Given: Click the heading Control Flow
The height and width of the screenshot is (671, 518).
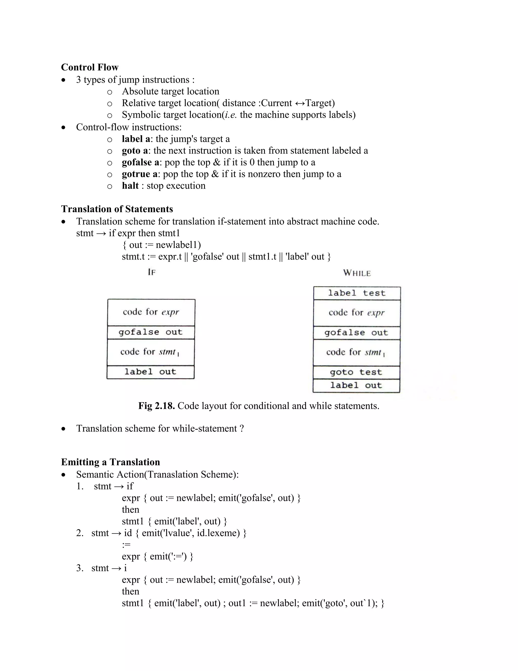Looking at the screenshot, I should point(90,67).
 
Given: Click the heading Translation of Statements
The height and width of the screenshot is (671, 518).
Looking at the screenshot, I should point(117,209).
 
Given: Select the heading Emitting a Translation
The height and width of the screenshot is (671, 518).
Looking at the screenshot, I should point(111,462).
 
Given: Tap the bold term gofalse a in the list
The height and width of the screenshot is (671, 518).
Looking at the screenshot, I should point(140,162).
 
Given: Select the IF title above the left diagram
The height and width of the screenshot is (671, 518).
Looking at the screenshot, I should point(152,272).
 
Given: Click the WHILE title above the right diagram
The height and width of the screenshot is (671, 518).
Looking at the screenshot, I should point(357,273).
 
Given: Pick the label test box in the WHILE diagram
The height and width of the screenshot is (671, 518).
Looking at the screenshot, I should point(357,293).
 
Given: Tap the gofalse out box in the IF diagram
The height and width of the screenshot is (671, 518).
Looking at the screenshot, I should point(151,332).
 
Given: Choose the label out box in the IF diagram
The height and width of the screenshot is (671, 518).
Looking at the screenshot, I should point(150,372).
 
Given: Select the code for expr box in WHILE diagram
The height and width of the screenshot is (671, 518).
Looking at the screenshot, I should point(357,313).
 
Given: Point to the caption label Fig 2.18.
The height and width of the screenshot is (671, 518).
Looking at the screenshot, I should point(157,406).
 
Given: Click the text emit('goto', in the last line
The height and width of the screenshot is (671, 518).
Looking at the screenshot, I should point(325,603).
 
